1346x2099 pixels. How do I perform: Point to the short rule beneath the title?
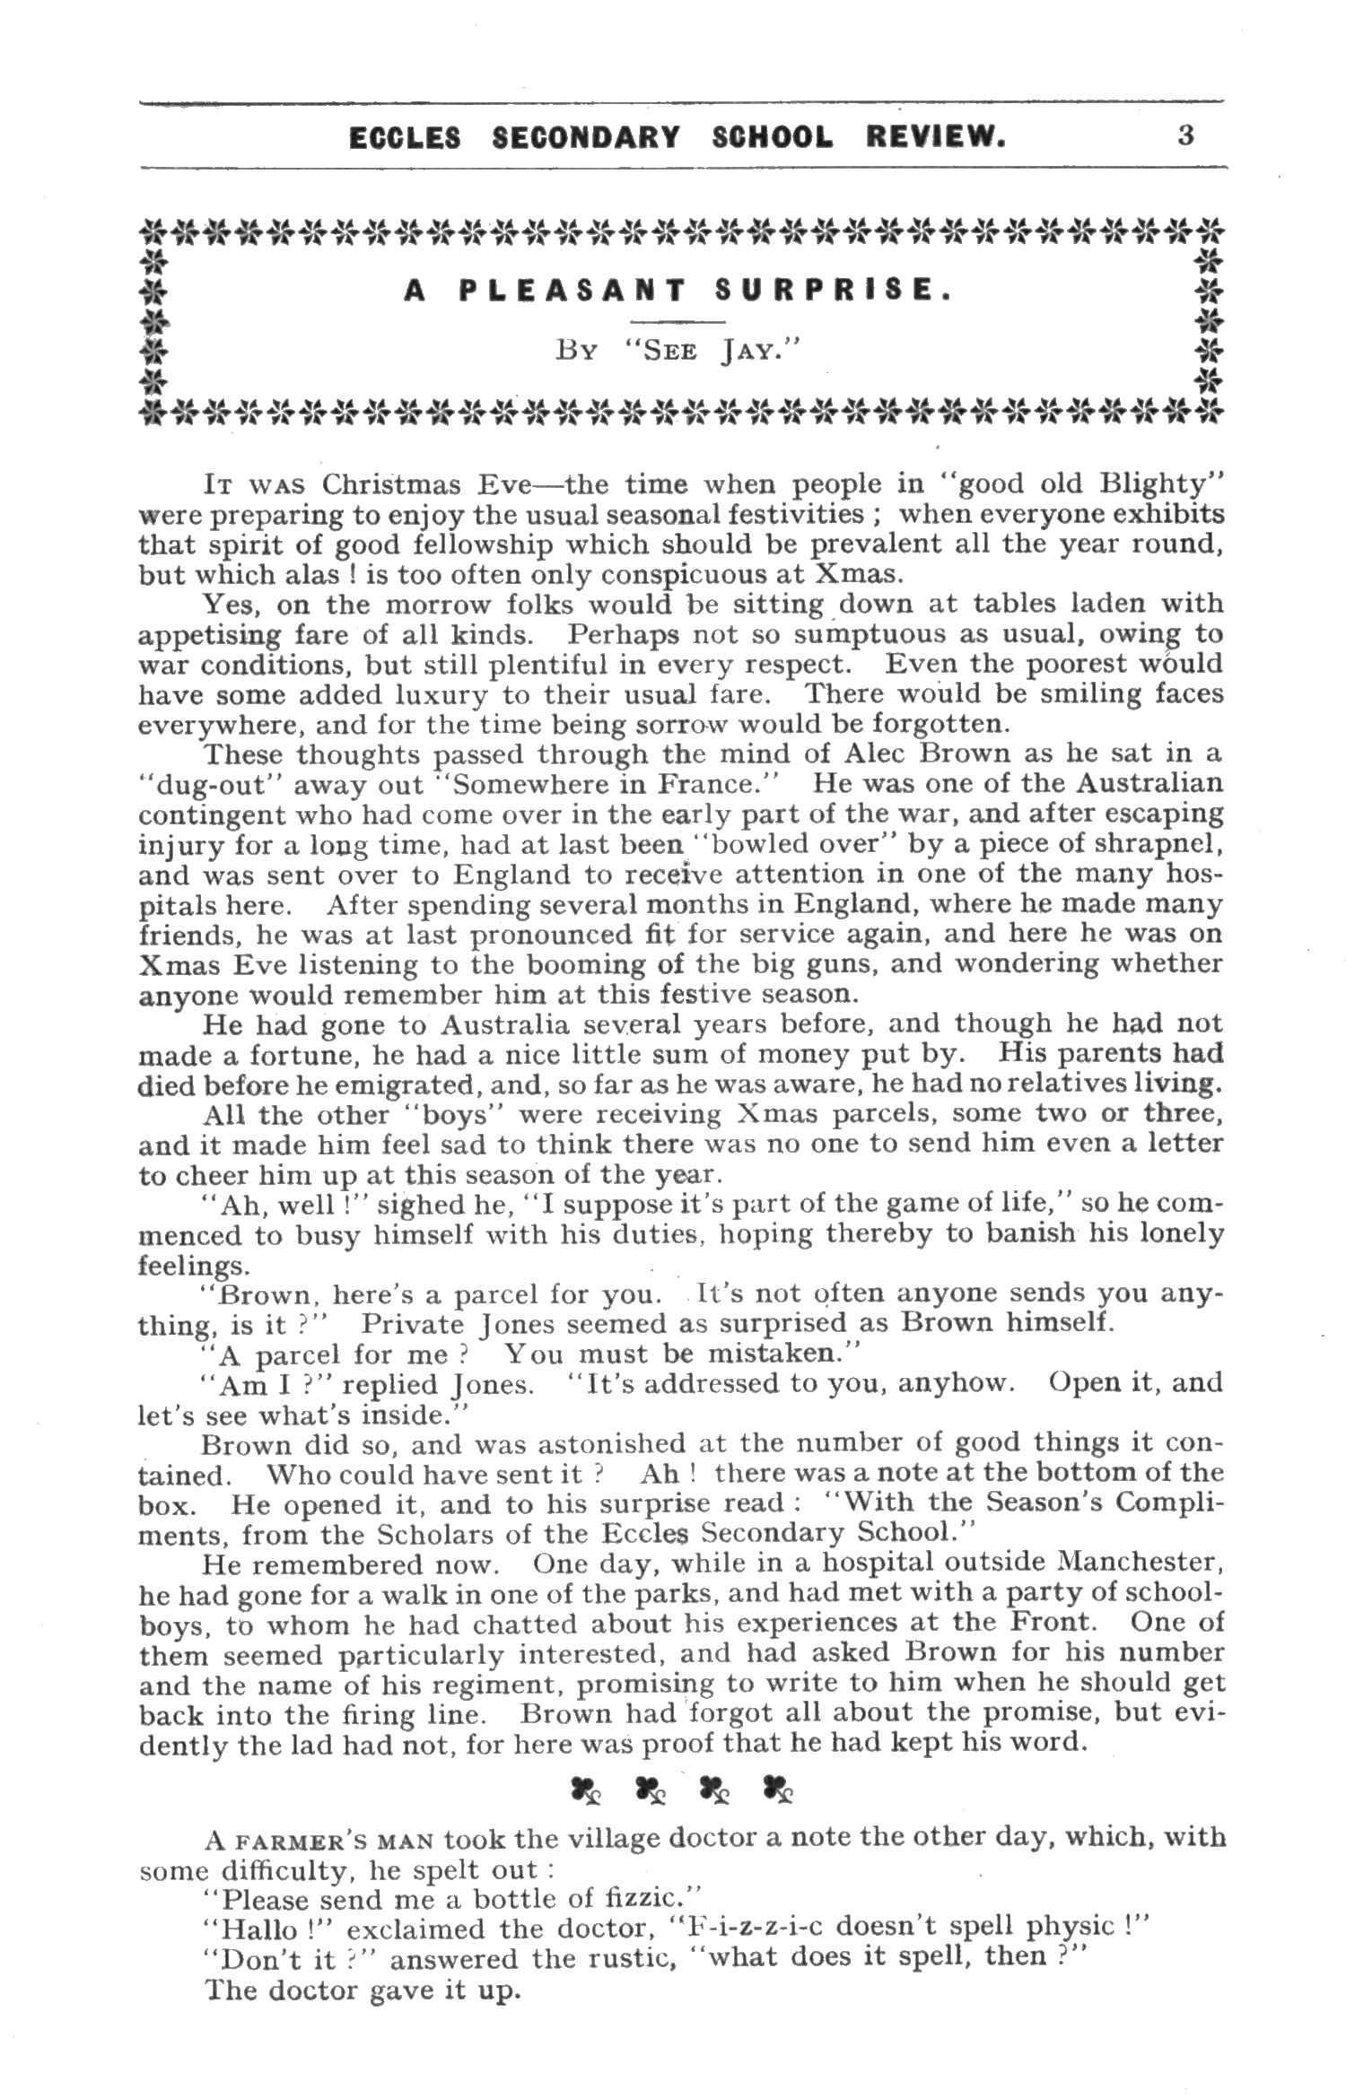click(x=677, y=321)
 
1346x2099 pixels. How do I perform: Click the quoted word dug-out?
click(x=209, y=785)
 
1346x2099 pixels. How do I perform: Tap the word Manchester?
click(x=1140, y=1563)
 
